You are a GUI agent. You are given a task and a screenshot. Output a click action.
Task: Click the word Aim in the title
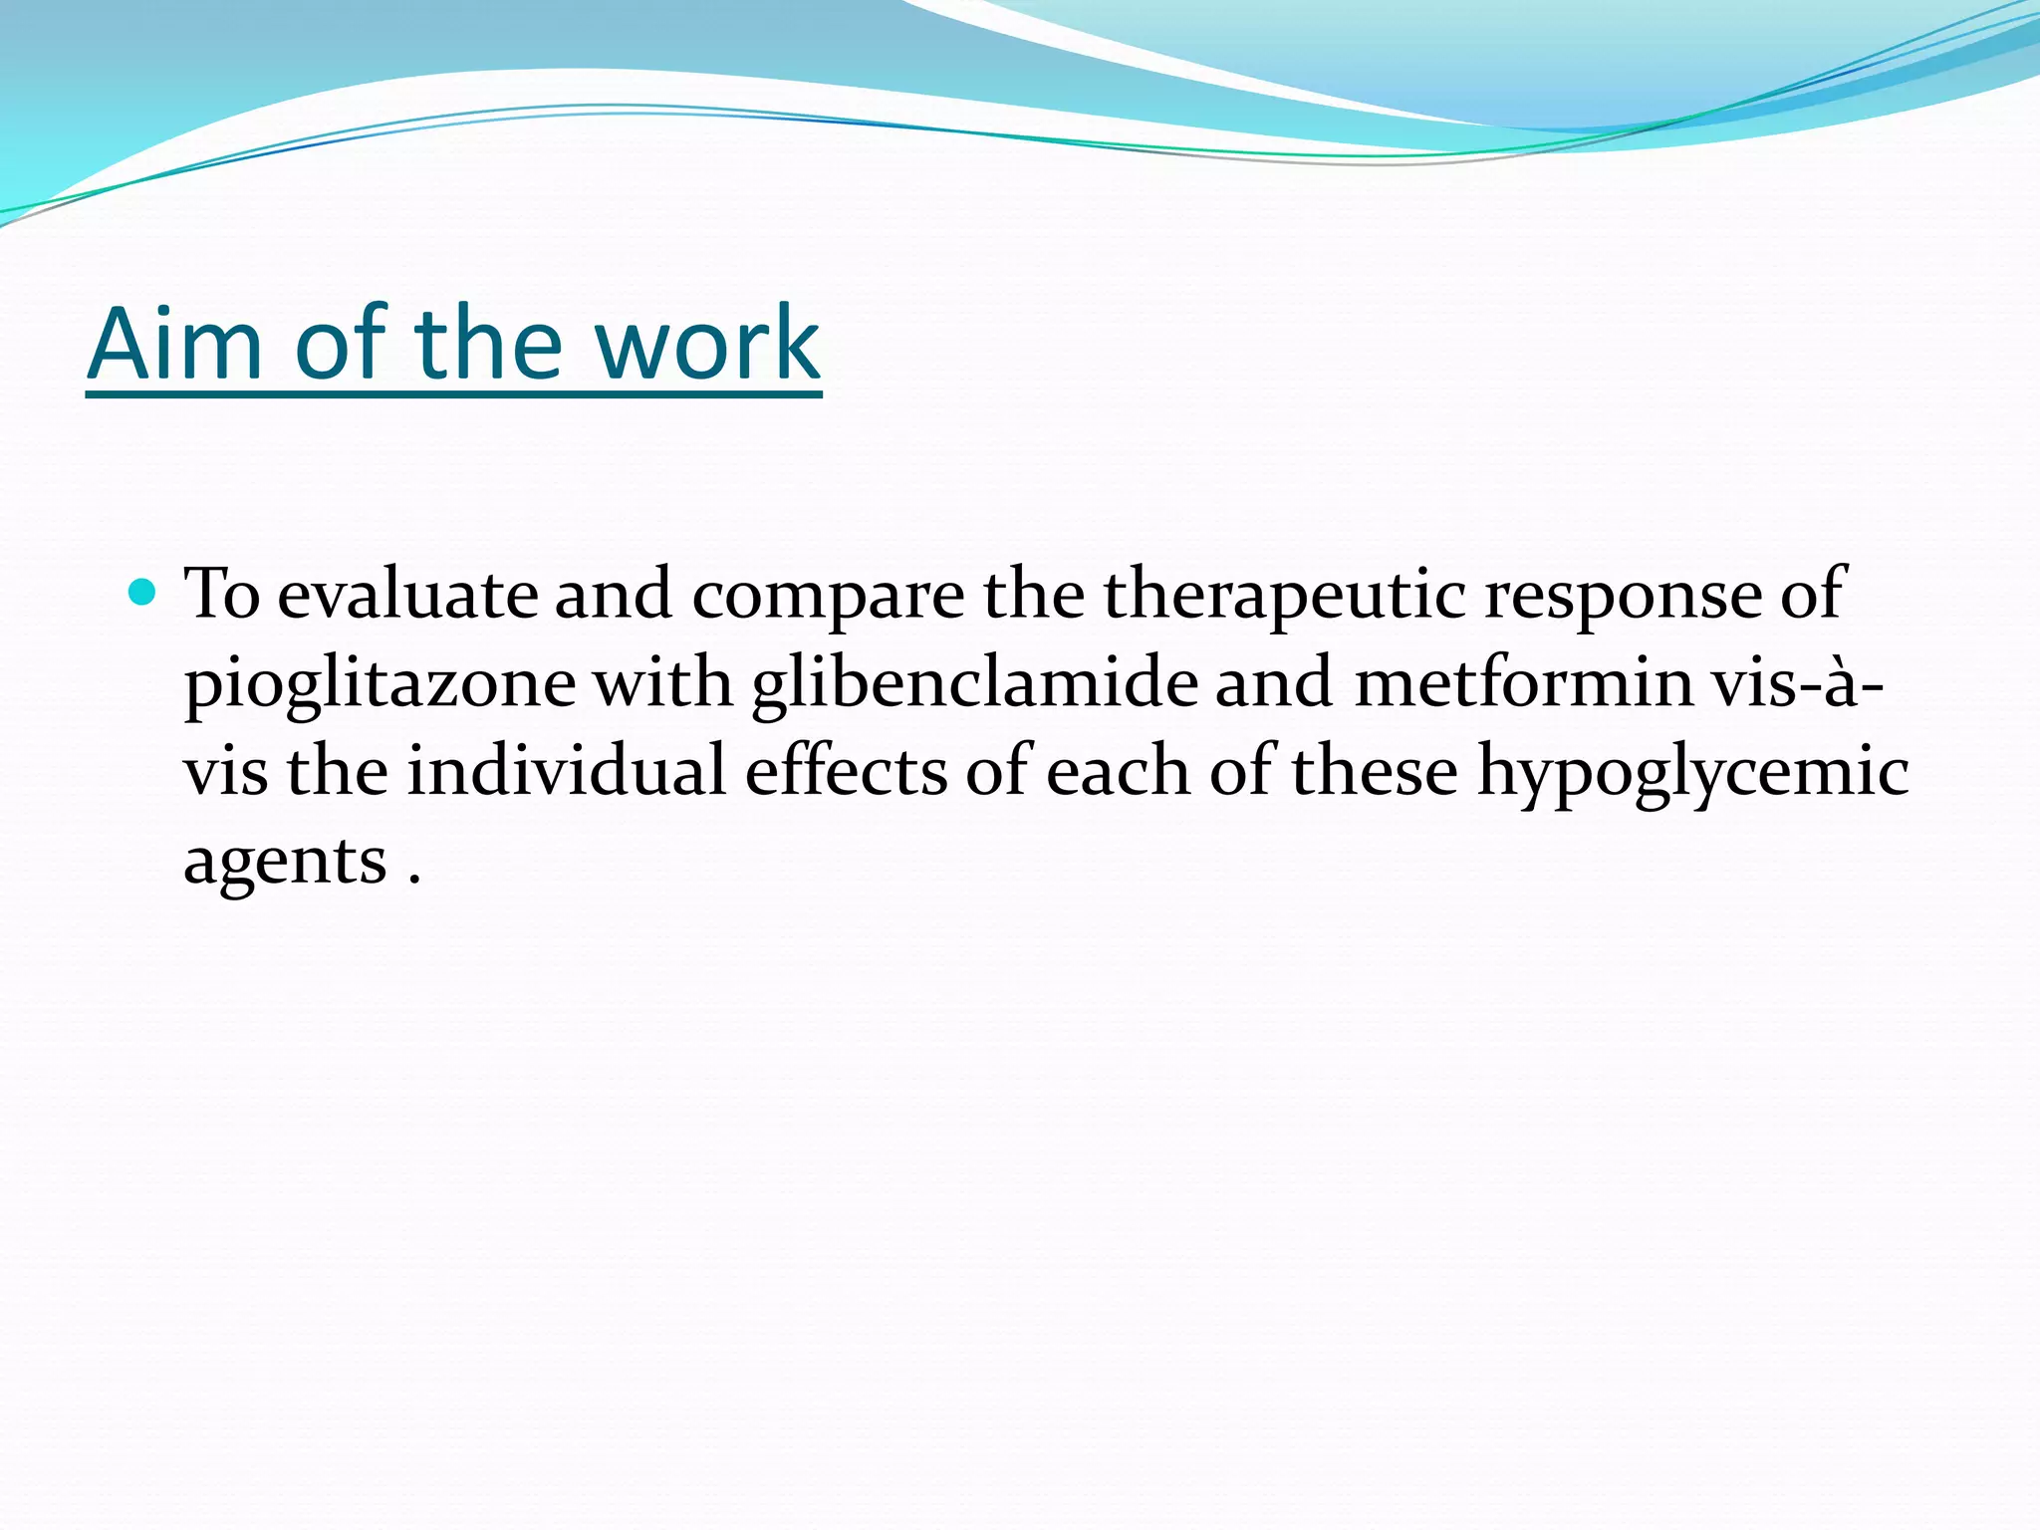(174, 345)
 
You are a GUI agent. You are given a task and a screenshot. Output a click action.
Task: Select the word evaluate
(406, 595)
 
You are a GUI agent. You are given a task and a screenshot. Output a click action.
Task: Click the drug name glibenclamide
(974, 685)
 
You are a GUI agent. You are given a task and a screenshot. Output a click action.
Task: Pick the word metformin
(1523, 683)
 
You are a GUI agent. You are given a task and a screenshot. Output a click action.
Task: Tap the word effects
(846, 772)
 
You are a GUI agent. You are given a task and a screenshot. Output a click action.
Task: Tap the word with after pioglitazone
(662, 683)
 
